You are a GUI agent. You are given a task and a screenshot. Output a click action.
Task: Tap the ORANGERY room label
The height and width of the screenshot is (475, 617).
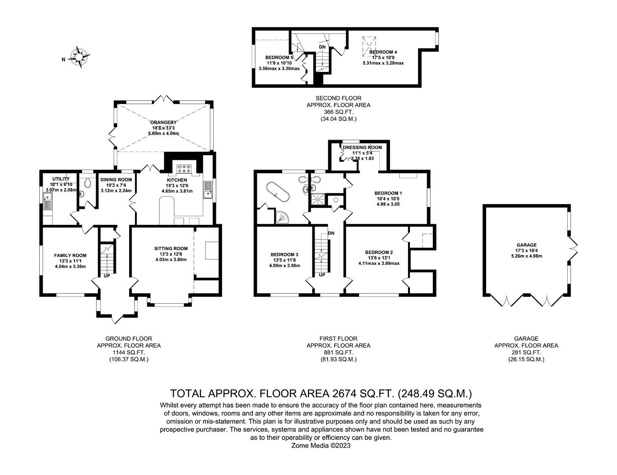[x=163, y=122]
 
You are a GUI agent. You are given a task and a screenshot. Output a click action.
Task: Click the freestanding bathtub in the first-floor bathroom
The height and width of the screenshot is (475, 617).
[x=278, y=192]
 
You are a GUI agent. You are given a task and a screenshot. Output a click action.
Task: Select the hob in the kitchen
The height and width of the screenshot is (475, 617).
[x=184, y=169]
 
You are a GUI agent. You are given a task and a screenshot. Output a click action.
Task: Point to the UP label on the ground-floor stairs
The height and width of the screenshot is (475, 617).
[x=107, y=275]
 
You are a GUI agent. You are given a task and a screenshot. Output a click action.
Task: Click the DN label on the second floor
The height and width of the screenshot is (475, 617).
[x=322, y=47]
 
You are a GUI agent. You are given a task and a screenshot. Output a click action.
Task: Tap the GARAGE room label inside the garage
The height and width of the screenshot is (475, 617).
[x=526, y=245]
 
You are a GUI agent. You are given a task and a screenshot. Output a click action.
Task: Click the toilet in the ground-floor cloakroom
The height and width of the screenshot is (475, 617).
[x=87, y=182]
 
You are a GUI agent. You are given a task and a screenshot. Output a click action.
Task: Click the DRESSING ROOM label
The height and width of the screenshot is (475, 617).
[x=362, y=147]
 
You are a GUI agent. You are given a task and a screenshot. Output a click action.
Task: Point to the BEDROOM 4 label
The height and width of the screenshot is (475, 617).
[x=383, y=52]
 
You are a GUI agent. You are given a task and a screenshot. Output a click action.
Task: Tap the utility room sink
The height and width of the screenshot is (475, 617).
[x=47, y=200]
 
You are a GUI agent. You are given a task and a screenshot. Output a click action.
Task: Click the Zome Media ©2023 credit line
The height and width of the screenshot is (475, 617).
[x=321, y=445]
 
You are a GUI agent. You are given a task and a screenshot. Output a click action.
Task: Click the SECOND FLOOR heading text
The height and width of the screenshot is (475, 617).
[x=338, y=98]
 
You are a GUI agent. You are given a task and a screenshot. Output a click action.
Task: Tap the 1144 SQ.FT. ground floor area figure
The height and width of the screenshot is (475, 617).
[x=129, y=353]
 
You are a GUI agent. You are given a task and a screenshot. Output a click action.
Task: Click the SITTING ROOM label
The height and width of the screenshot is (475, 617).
[x=171, y=249]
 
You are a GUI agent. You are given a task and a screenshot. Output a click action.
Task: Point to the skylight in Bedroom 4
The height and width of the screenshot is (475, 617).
[x=369, y=47]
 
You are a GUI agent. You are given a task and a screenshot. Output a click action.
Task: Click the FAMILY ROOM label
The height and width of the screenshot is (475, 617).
[x=70, y=256]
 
